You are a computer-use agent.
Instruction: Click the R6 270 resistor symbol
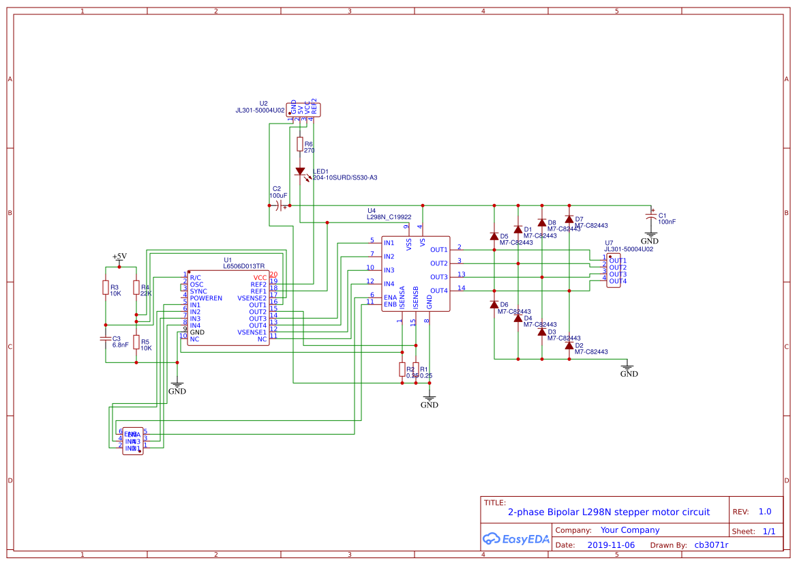coord(300,144)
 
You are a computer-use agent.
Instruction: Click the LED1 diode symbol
coord(300,172)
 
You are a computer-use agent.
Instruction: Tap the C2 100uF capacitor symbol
coord(280,205)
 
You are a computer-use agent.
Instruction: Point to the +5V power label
coord(119,257)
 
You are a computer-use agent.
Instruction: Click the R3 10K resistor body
coord(106,288)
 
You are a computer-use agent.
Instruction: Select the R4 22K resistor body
coord(136,288)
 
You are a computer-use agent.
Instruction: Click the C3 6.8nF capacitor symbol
coord(106,338)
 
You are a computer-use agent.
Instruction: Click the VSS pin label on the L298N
coord(408,242)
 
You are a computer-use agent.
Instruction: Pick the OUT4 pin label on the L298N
coord(438,291)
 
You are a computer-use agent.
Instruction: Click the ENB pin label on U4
coord(390,304)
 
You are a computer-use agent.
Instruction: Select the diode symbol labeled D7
coord(569,219)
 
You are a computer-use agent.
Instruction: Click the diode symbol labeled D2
coord(569,346)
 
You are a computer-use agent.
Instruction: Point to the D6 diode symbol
coord(494,305)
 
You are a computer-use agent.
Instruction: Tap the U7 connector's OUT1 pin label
coord(617,261)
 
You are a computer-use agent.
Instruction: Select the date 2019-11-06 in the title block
coord(610,545)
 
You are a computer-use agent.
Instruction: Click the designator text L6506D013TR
coord(243,266)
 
